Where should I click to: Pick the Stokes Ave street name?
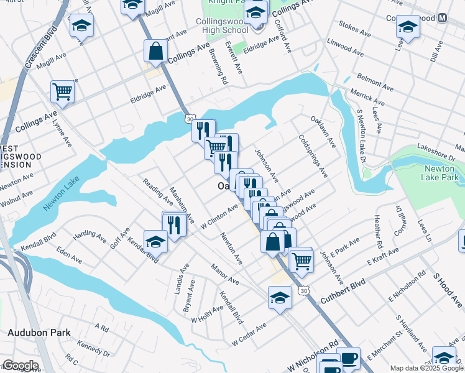(356, 30)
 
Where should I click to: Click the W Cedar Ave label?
(249, 334)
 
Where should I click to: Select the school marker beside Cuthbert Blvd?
(280, 297)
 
